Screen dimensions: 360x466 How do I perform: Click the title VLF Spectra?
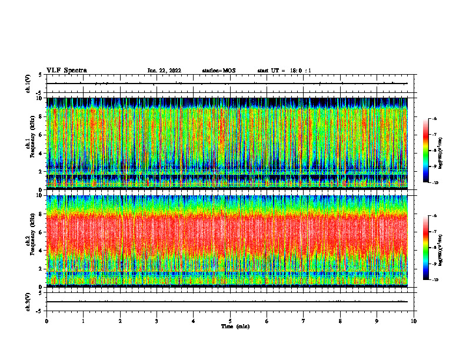66,71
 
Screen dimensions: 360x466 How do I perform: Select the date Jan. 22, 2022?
164,71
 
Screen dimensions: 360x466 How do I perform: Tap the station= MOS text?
218,71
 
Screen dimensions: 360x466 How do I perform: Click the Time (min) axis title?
235,326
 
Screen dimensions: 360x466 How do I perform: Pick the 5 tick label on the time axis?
230,321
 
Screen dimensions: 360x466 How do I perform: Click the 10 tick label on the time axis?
414,321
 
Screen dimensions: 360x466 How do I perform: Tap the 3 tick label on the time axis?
157,321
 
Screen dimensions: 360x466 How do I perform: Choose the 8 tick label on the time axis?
340,321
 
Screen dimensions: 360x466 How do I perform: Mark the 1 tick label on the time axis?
83,321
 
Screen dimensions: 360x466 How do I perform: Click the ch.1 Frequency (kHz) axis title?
29,143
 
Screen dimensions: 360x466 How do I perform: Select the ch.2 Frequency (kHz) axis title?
29,240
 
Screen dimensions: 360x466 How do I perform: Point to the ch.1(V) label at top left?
28,84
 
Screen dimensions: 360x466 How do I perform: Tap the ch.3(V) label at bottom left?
28,301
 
